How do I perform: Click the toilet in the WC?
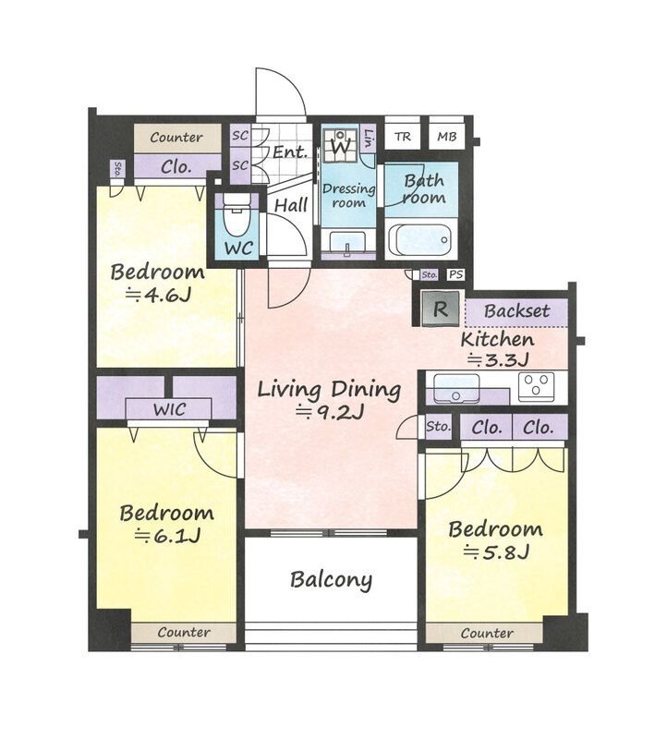(x=236, y=214)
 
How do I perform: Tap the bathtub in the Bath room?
(x=421, y=239)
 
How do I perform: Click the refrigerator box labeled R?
(x=441, y=309)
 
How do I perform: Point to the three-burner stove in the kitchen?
(x=537, y=386)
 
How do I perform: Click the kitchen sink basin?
(x=455, y=387)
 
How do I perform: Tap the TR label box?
(x=403, y=137)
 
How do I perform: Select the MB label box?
(x=446, y=137)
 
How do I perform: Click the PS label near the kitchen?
(x=455, y=274)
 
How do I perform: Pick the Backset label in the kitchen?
(x=516, y=311)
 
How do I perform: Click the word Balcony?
(x=331, y=580)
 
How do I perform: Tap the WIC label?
(x=169, y=409)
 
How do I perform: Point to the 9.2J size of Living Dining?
(x=330, y=413)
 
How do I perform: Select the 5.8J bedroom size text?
(x=496, y=551)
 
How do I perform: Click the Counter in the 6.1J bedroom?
(x=184, y=633)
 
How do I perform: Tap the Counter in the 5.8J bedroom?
(x=487, y=633)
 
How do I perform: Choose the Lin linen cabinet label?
(x=369, y=138)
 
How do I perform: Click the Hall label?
(x=291, y=205)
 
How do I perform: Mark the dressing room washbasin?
(x=348, y=243)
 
